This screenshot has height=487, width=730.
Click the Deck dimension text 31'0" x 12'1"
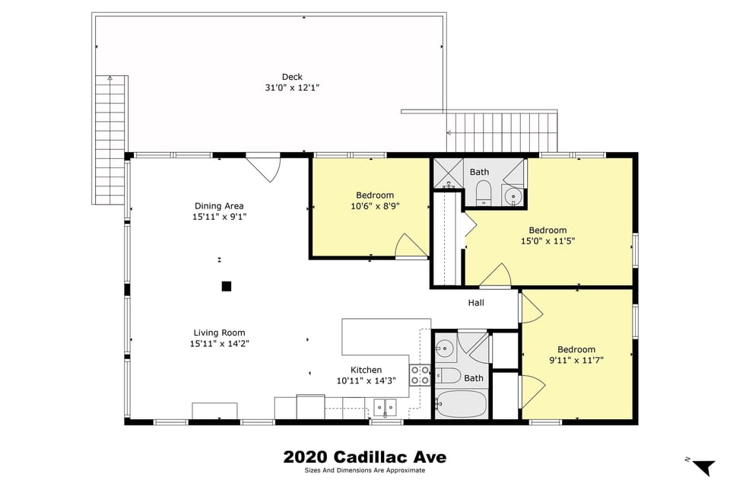[x=292, y=88]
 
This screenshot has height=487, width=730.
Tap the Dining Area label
[x=219, y=205]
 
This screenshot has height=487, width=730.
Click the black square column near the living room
[x=226, y=286]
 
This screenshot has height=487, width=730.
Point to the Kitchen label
[x=366, y=370]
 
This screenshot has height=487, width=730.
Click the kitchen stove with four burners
[x=420, y=374]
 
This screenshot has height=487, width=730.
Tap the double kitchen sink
[x=386, y=407]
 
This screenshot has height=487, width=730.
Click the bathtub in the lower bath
[x=461, y=404]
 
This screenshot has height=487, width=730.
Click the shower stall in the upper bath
[x=448, y=173]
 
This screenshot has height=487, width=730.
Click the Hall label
[x=476, y=303]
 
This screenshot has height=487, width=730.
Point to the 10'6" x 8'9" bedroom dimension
[x=375, y=205]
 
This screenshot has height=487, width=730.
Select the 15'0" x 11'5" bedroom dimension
[x=547, y=241]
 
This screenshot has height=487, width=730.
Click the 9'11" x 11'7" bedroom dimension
[x=576, y=361]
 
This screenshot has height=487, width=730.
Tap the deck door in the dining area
[x=264, y=168]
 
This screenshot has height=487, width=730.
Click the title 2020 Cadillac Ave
[x=364, y=457]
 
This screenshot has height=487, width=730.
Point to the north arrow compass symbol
[x=703, y=466]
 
